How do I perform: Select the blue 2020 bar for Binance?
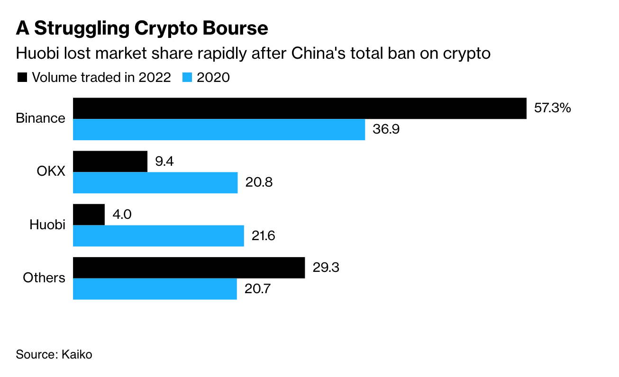click(219, 129)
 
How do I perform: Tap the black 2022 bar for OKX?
click(110, 162)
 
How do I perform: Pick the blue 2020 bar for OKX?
click(155, 182)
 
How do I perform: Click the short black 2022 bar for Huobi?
click(89, 215)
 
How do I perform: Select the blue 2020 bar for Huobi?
click(158, 235)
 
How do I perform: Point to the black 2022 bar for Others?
click(189, 268)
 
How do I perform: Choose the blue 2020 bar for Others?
click(155, 288)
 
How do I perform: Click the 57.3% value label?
click(552, 108)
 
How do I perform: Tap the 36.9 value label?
click(386, 129)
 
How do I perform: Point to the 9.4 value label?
click(164, 162)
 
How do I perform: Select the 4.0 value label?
click(122, 215)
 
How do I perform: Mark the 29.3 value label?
click(327, 268)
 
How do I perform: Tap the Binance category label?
click(40, 118)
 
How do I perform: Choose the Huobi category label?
click(47, 224)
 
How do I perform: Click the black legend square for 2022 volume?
click(22, 78)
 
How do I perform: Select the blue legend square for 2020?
click(187, 78)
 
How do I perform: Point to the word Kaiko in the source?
click(77, 354)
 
